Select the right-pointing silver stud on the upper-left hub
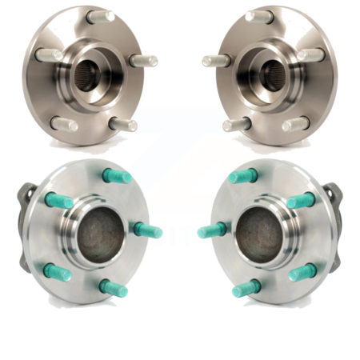coord(143,61)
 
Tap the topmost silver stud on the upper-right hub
coord(260,16)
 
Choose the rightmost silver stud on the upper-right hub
coord(313,55)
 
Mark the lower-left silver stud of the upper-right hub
coord(238,124)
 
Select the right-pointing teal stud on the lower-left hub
coord(148,230)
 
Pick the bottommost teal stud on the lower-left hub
coord(113,288)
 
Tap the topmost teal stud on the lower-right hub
coord(242,176)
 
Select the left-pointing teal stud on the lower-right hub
coord(211,230)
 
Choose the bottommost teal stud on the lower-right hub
coord(246,288)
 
